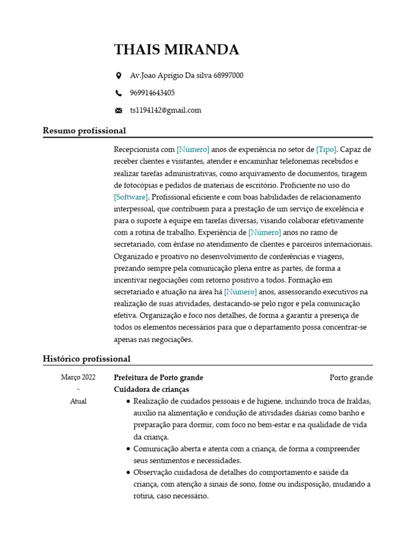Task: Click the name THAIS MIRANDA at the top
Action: point(176,50)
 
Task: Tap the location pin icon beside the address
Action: point(119,76)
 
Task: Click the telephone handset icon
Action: point(119,93)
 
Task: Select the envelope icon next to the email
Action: point(119,111)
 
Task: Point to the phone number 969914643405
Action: point(152,93)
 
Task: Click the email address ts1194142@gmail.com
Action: point(165,110)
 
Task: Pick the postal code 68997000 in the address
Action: point(229,75)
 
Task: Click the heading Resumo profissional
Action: point(84,131)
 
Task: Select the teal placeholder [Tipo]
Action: point(327,149)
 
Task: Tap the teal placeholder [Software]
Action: point(131,197)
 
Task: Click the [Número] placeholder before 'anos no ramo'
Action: point(264,232)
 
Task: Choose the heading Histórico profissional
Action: point(87,359)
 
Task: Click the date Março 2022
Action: point(78,377)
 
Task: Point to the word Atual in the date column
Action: point(78,402)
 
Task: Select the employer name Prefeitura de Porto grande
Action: point(159,377)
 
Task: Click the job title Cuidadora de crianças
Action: point(152,389)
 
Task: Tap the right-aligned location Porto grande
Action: point(351,377)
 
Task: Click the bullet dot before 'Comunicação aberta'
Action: point(127,449)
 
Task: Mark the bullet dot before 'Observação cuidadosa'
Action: point(127,473)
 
